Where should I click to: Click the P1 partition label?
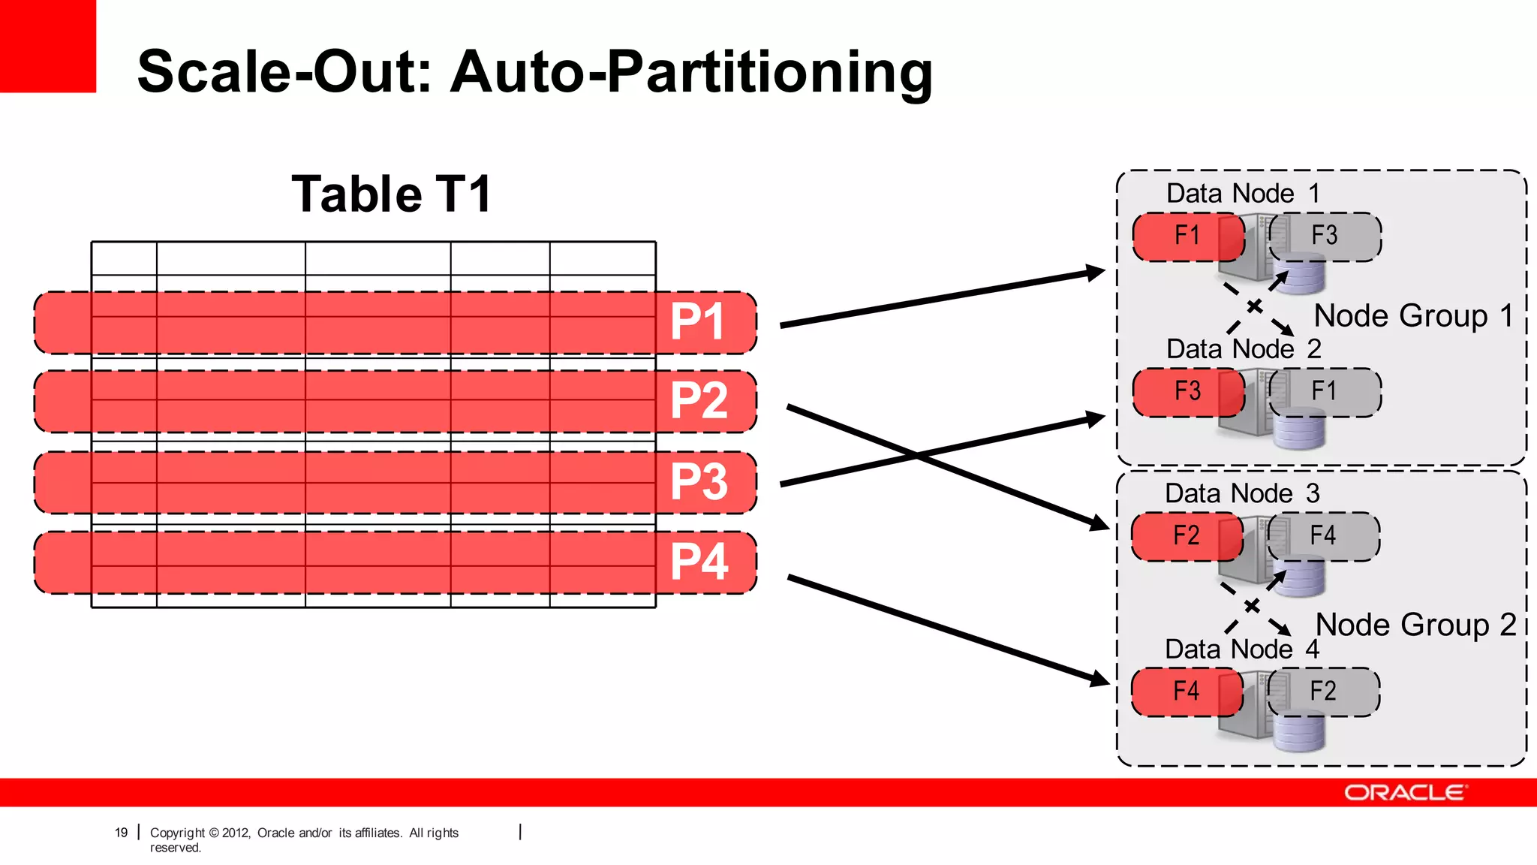click(x=697, y=322)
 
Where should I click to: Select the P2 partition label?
click(x=699, y=400)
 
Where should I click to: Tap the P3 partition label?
click(x=699, y=481)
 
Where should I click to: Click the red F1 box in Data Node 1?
click(x=1187, y=237)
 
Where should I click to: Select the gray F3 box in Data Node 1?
click(x=1325, y=237)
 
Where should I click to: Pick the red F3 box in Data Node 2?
click(x=1187, y=392)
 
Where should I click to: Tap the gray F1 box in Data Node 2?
click(x=1325, y=392)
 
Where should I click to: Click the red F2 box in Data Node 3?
click(x=1186, y=536)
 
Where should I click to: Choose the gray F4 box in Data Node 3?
click(x=1323, y=536)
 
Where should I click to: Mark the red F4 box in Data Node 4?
click(x=1186, y=692)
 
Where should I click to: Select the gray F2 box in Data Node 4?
click(x=1323, y=692)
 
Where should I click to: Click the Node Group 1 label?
click(x=1414, y=316)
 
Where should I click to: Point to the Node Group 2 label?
click(x=1415, y=625)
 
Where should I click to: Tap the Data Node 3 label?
click(x=1241, y=493)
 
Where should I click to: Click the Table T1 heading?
click(x=391, y=194)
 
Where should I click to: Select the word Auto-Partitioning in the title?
click(x=691, y=72)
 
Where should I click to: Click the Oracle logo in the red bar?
click(x=1405, y=793)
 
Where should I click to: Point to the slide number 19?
click(x=121, y=833)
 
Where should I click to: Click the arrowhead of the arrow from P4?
click(x=1100, y=680)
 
